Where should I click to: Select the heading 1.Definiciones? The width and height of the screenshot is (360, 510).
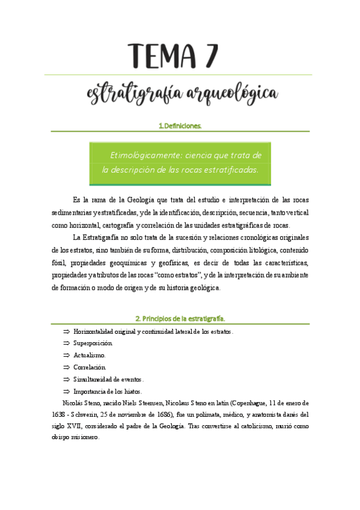tap(180, 126)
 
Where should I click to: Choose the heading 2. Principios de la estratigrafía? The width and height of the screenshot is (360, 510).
tap(180, 318)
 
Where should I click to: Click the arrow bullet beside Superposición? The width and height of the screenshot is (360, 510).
tap(66, 343)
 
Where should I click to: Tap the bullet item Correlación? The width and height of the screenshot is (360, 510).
tap(90, 367)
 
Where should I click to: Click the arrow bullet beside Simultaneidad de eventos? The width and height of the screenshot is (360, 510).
tap(66, 379)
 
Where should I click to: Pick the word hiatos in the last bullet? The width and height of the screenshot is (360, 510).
tap(136, 391)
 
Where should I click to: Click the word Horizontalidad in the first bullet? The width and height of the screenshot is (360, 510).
tap(96, 331)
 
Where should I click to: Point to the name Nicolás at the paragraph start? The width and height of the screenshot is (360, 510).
tap(74, 402)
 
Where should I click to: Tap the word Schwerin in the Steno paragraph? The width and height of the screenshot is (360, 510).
tap(88, 414)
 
